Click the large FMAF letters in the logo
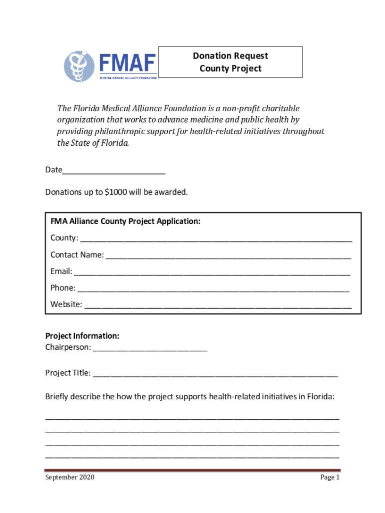[x=127, y=64]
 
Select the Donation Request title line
[x=230, y=56]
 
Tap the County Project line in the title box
[x=230, y=68]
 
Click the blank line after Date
[x=113, y=171]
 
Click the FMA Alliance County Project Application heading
[x=125, y=221]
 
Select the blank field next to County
[x=215, y=238]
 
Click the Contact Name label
[x=77, y=255]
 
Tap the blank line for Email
[x=212, y=272]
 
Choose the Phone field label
[x=63, y=288]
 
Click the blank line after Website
[x=217, y=305]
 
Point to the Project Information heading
[x=82, y=336]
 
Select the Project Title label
[x=68, y=373]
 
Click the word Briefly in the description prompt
[x=58, y=397]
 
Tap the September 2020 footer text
[x=69, y=477]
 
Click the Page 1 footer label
[x=329, y=477]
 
